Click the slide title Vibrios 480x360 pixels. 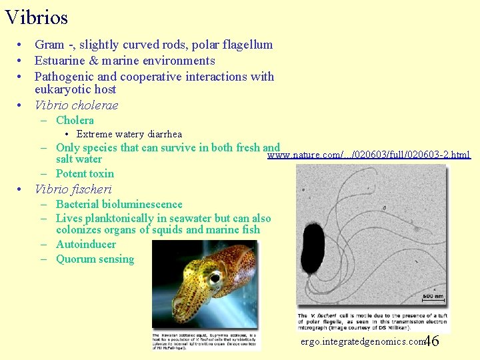[36, 17]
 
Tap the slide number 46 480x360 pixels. [431, 341]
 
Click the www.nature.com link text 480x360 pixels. [368, 155]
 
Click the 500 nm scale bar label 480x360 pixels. [432, 297]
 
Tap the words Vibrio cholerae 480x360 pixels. [76, 105]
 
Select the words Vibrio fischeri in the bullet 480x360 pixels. [73, 189]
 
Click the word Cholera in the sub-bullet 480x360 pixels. [75, 120]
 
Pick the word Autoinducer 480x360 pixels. [85, 244]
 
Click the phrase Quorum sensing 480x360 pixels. [95, 259]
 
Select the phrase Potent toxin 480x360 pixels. [85, 173]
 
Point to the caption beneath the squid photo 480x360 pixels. [206, 339]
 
